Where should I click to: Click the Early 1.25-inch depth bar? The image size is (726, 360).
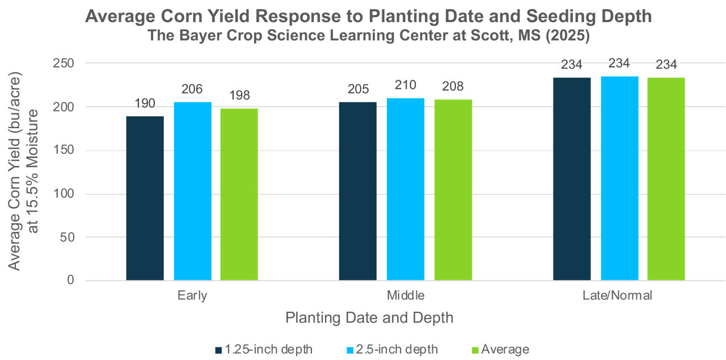[x=145, y=198]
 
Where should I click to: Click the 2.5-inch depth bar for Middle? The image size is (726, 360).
[x=406, y=189]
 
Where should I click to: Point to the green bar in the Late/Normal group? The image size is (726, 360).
[x=666, y=179]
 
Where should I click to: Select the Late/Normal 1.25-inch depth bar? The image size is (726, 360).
[x=572, y=179]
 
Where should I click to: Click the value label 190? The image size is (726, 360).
[x=145, y=103]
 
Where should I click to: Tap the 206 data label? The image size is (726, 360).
[x=192, y=89]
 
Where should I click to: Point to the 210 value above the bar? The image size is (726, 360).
[x=406, y=86]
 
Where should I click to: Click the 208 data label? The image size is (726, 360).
[x=453, y=87]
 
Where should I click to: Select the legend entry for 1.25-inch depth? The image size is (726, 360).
[x=264, y=349]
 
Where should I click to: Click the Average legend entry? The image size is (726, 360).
[x=500, y=349]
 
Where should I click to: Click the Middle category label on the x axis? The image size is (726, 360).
[x=406, y=295]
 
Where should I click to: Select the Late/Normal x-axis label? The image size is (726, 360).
[x=619, y=295]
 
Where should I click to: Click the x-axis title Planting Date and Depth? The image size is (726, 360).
[x=369, y=317]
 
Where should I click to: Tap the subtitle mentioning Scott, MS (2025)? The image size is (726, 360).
[x=368, y=36]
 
